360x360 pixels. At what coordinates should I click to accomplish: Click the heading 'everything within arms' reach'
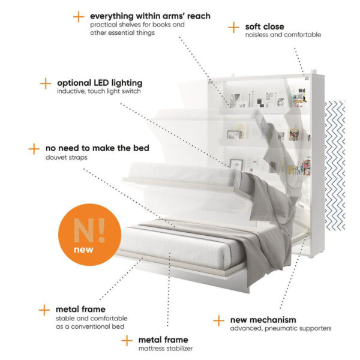[150, 16]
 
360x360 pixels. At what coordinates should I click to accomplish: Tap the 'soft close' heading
[265, 26]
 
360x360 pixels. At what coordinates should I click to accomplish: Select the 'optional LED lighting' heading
[100, 83]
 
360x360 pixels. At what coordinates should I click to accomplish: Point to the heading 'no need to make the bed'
[97, 148]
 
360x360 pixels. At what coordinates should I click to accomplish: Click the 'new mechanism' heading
[263, 320]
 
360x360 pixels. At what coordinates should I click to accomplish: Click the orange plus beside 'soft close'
[234, 28]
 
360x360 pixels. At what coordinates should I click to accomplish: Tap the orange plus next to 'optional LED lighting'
[46, 83]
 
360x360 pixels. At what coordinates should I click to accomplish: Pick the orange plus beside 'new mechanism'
[218, 320]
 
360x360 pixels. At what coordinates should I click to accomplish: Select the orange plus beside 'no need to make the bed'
[34, 149]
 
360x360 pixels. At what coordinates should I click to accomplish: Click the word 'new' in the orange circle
[83, 250]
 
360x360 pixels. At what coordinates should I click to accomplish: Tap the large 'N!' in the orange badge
[89, 230]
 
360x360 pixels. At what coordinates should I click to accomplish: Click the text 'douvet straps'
[67, 157]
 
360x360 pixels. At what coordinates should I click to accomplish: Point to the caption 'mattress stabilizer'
[166, 349]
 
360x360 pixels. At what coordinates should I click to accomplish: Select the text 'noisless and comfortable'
[283, 35]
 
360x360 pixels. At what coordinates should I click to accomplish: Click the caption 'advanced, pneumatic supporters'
[281, 329]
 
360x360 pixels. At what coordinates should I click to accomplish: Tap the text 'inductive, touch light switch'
[99, 91]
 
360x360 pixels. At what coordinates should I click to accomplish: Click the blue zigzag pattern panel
[335, 166]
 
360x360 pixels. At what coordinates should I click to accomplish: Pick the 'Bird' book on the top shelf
[299, 98]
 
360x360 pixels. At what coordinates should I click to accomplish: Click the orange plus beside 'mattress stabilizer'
[127, 340]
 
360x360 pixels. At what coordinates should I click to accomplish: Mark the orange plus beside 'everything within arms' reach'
[79, 17]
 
